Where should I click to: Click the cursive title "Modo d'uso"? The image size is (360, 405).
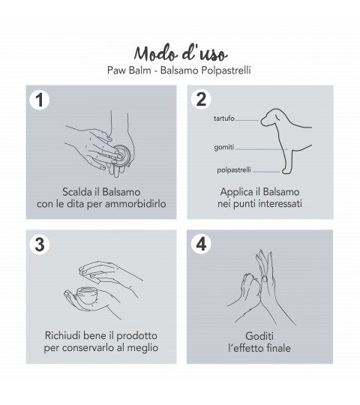point(181,54)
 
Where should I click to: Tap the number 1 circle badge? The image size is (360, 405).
point(40,100)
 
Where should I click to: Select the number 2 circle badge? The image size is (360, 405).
point(201,100)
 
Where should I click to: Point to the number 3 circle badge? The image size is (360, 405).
point(40,244)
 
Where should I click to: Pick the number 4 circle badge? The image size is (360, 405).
point(201,244)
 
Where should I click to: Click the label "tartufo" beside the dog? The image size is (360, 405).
point(224,118)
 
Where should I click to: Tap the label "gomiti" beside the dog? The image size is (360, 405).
point(224,147)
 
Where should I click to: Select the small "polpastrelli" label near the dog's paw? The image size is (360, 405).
point(234,170)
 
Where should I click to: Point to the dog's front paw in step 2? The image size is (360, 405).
point(286,171)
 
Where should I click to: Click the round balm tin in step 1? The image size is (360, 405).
point(123,155)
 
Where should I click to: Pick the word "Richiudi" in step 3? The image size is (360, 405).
point(61,336)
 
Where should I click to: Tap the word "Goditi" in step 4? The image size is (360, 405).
point(259,336)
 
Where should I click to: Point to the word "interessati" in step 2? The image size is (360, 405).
point(280,204)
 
